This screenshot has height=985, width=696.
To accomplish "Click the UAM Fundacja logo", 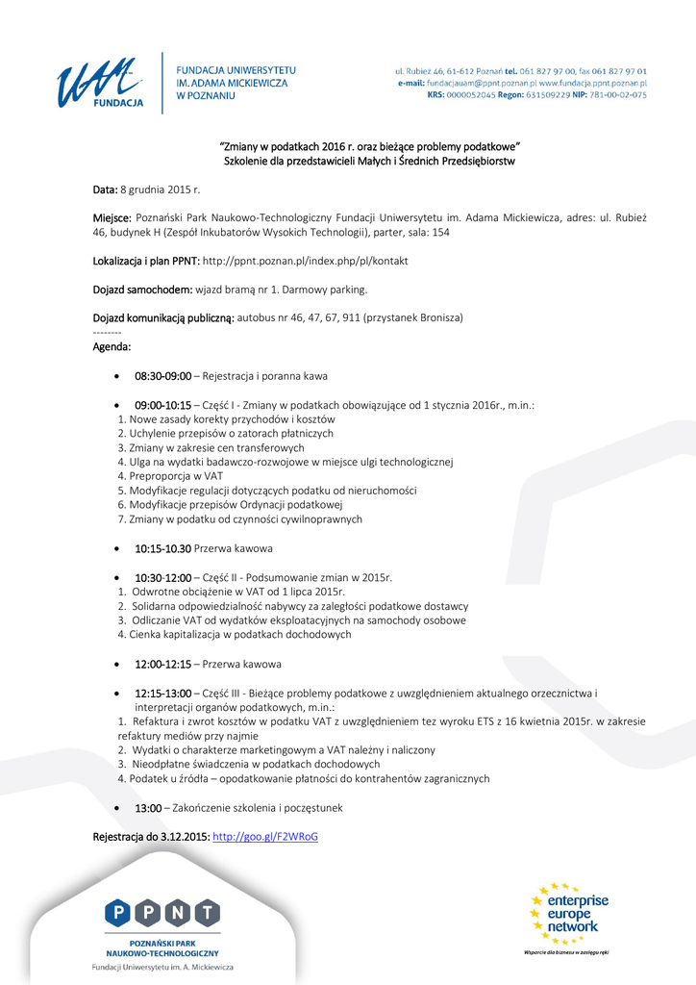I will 99,83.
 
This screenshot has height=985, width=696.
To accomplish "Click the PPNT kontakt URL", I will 305,261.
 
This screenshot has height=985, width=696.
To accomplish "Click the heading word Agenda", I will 112,346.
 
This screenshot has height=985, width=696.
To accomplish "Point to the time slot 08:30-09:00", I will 162,376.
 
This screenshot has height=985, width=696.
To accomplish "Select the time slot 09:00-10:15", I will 162,405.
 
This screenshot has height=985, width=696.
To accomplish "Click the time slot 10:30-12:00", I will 162,577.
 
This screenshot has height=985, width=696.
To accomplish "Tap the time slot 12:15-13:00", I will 162,693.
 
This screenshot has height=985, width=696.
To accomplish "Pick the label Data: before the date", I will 105,190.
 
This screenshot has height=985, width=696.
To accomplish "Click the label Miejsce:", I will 112,218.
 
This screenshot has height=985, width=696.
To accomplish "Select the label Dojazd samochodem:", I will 142,289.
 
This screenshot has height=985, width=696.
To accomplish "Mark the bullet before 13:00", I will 116,809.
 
